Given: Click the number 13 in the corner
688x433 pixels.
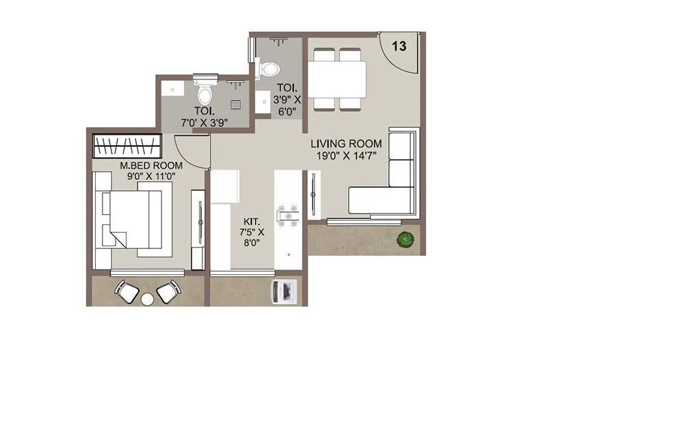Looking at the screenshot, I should click(399, 47).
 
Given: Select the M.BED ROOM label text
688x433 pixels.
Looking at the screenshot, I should click(151, 166).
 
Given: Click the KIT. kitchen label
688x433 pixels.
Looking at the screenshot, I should click(251, 222).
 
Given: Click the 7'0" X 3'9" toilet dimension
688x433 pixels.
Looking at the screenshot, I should click(204, 122).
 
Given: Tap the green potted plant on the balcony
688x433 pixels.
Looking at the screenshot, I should click(406, 239).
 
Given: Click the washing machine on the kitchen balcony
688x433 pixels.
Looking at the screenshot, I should click(282, 291).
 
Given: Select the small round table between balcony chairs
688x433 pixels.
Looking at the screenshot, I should click(147, 298).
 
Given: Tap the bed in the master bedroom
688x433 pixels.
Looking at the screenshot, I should click(137, 220).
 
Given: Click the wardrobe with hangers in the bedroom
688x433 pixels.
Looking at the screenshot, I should click(127, 146).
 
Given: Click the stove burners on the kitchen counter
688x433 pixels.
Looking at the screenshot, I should click(287, 215).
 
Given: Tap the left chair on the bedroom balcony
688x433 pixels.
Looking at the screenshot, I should click(127, 291).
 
